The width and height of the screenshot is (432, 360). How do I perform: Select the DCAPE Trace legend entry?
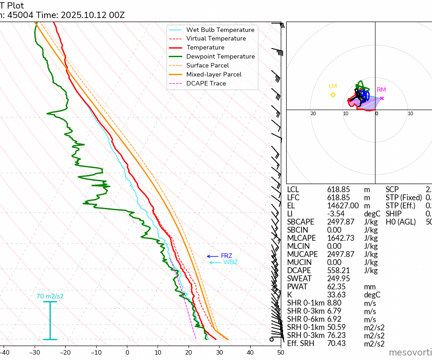click(x=206, y=83)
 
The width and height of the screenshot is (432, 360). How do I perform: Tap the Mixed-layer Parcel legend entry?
click(x=214, y=74)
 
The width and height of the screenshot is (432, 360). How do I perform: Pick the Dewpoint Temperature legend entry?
click(x=220, y=56)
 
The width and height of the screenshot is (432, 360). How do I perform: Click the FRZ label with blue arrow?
click(x=226, y=256)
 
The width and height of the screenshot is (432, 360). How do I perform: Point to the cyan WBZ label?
click(x=230, y=262)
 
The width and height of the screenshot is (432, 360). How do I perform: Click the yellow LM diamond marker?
click(x=333, y=94)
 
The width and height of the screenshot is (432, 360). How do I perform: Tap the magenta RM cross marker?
click(x=382, y=98)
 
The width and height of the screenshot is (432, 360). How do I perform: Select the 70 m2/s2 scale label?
click(x=50, y=297)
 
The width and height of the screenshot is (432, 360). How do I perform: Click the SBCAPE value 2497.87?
click(x=341, y=222)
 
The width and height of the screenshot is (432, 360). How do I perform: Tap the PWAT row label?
click(x=297, y=287)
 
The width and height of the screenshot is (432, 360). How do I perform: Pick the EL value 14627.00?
click(x=342, y=206)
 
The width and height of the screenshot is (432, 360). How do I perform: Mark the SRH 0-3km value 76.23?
click(x=337, y=335)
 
